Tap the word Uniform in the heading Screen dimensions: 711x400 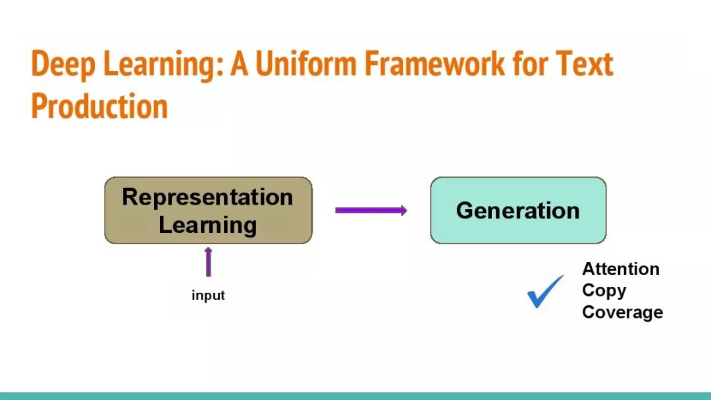(x=307, y=63)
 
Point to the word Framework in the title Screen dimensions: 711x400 (x=434, y=63)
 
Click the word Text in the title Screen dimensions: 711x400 (x=585, y=63)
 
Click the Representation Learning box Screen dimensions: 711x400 (x=209, y=210)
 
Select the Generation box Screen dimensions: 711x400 (x=518, y=210)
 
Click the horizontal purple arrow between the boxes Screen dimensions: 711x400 (x=371, y=210)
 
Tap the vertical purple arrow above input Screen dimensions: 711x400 (x=208, y=262)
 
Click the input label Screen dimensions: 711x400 (x=208, y=295)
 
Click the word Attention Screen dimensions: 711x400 (x=621, y=268)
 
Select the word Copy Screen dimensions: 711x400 (x=604, y=291)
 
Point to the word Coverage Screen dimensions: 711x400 (x=623, y=312)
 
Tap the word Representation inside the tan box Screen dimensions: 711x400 (x=207, y=197)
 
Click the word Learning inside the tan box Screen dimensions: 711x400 (x=207, y=225)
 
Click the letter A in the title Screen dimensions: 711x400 (x=240, y=64)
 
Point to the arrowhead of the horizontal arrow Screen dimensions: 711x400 (x=404, y=210)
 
